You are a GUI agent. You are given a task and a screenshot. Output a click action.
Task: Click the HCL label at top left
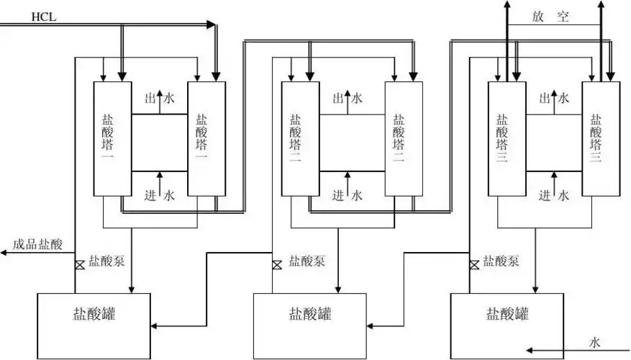coord(43,15)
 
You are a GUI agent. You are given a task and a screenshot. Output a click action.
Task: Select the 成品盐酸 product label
coord(37,244)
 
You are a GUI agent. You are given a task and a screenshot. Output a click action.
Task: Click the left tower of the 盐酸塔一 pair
coord(112,138)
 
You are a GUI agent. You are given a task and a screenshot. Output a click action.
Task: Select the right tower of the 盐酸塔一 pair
coord(206,138)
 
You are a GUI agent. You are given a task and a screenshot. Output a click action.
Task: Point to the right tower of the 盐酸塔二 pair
coord(399,138)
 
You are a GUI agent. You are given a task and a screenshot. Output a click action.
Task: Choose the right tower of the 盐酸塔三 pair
coord(601,138)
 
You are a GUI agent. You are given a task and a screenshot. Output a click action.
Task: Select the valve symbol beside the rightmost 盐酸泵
coord(474,265)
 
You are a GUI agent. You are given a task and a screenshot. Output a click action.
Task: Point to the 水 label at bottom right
coord(595,341)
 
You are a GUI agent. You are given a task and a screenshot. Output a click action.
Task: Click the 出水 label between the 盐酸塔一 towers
coord(159,99)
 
